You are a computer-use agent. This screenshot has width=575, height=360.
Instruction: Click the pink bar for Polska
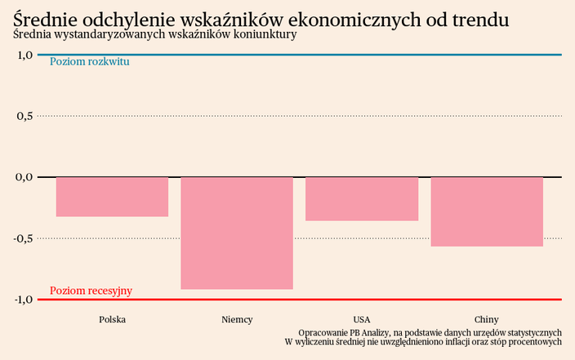tap(112, 197)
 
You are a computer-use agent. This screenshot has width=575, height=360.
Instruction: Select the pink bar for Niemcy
tap(237, 233)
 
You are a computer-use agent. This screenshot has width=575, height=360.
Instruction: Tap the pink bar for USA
tap(362, 198)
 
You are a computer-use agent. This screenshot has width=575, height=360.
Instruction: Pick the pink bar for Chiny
tap(487, 211)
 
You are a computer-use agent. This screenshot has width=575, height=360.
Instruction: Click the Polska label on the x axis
tap(112, 319)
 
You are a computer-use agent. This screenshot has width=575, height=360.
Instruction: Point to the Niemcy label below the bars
tap(237, 319)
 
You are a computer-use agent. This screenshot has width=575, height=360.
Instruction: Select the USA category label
tap(362, 319)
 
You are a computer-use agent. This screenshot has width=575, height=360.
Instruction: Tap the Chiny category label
tap(487, 319)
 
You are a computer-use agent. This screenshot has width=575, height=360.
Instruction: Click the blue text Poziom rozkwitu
tap(89, 62)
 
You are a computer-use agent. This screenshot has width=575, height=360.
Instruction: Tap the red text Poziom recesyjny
tap(91, 291)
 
